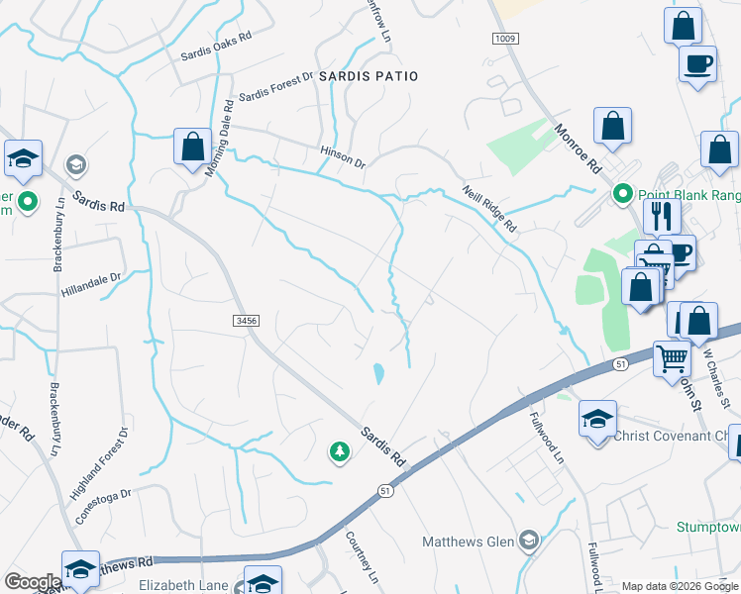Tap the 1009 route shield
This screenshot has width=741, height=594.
click(x=505, y=38)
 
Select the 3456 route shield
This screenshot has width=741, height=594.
click(x=248, y=320)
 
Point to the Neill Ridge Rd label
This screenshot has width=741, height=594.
click(x=489, y=209)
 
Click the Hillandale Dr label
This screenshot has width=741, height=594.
click(x=90, y=284)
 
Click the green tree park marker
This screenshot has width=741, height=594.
click(x=340, y=452)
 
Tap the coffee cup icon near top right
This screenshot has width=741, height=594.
click(x=697, y=64)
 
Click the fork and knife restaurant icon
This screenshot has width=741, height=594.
click(x=662, y=216)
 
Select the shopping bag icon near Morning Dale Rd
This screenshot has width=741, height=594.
click(x=192, y=148)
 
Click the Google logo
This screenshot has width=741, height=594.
click(x=32, y=582)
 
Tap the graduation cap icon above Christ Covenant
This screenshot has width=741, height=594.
click(x=598, y=419)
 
